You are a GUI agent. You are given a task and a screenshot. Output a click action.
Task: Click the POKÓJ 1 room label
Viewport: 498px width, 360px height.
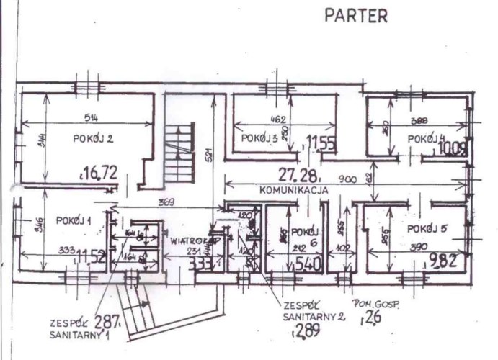(x=73, y=220)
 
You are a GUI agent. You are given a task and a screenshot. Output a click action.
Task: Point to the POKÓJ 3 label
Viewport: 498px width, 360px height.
(x=260, y=137)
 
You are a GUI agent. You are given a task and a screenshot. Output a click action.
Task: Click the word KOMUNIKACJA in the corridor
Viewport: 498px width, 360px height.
(x=294, y=191)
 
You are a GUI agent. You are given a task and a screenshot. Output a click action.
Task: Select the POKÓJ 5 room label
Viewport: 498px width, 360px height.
(x=427, y=228)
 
